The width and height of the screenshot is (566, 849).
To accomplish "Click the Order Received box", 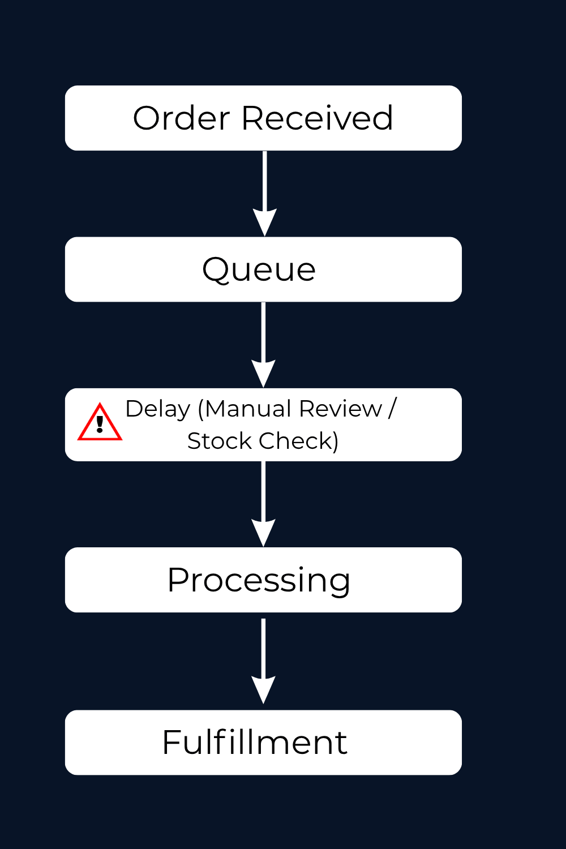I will point(263,118).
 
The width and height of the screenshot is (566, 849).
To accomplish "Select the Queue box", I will point(263,269).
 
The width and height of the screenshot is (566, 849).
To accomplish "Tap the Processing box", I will point(263,580).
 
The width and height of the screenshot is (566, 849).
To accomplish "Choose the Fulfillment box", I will point(263,742).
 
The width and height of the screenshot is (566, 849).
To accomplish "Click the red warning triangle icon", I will point(100,423).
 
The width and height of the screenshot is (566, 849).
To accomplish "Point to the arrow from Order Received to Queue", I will point(264,187).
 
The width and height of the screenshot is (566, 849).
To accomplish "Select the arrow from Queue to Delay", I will point(263,340).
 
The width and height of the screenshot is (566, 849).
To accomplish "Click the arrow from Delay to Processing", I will point(263,498).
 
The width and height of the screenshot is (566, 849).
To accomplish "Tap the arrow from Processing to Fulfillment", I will point(263,657).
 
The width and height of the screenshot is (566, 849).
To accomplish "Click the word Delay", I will point(157,409).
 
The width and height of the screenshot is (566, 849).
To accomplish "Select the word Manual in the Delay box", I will point(247,409).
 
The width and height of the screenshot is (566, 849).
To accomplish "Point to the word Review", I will point(341,409).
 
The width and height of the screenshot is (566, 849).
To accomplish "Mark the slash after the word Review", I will point(392,409).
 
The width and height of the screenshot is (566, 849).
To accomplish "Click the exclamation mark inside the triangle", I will point(100,424).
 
